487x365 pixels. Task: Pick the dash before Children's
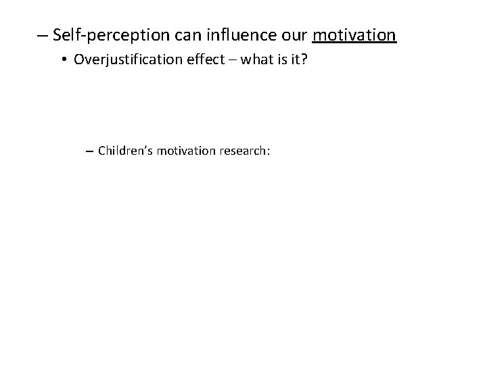click(90, 150)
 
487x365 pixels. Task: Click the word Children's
click(125, 150)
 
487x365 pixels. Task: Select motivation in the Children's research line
click(185, 150)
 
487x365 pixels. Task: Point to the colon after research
click(269, 151)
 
